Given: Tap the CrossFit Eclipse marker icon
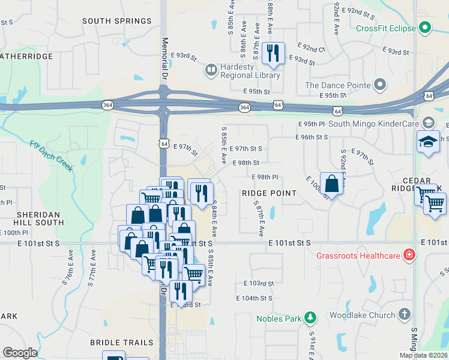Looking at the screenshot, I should [x=425, y=28].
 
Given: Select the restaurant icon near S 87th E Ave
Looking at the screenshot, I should [x=273, y=53].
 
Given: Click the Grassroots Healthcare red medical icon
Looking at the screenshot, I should [x=410, y=256].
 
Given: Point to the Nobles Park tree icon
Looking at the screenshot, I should [x=310, y=317].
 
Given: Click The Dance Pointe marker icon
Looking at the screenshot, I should [x=380, y=85].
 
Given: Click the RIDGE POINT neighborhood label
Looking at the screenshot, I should [x=269, y=193].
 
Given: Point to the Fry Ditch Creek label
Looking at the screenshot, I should [x=52, y=155].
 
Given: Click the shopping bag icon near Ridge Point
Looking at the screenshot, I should [x=331, y=184].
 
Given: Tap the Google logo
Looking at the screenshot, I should [x=20, y=353].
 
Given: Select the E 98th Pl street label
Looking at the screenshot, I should [x=264, y=177].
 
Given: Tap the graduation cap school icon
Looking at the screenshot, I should [x=428, y=142].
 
